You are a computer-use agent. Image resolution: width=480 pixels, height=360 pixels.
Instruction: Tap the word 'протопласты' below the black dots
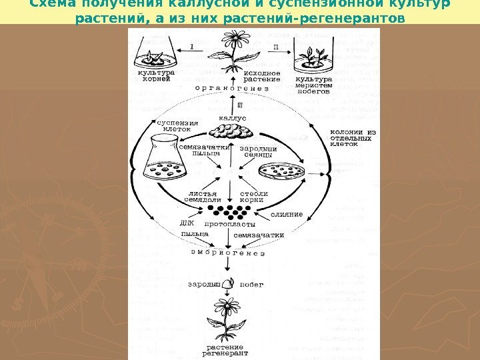pyautogui.click(x=229, y=224)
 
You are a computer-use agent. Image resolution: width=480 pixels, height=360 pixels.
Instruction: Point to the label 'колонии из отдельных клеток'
pyautogui.click(x=353, y=137)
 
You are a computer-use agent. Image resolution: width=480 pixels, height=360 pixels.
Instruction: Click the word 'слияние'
pyautogui.click(x=287, y=214)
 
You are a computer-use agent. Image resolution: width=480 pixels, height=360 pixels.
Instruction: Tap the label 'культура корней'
pyautogui.click(x=157, y=75)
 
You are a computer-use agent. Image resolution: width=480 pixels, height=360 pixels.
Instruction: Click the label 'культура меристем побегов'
pyautogui.click(x=313, y=84)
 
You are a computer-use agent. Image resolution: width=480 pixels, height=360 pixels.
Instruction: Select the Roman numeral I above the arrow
pyautogui.click(x=192, y=47)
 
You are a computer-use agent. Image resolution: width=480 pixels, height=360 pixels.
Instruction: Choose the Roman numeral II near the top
pyautogui.click(x=276, y=47)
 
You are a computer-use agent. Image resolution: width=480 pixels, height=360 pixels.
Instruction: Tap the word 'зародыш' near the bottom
pyautogui.click(x=201, y=285)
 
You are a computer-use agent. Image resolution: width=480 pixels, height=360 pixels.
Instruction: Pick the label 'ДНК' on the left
pyautogui.click(x=187, y=223)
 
